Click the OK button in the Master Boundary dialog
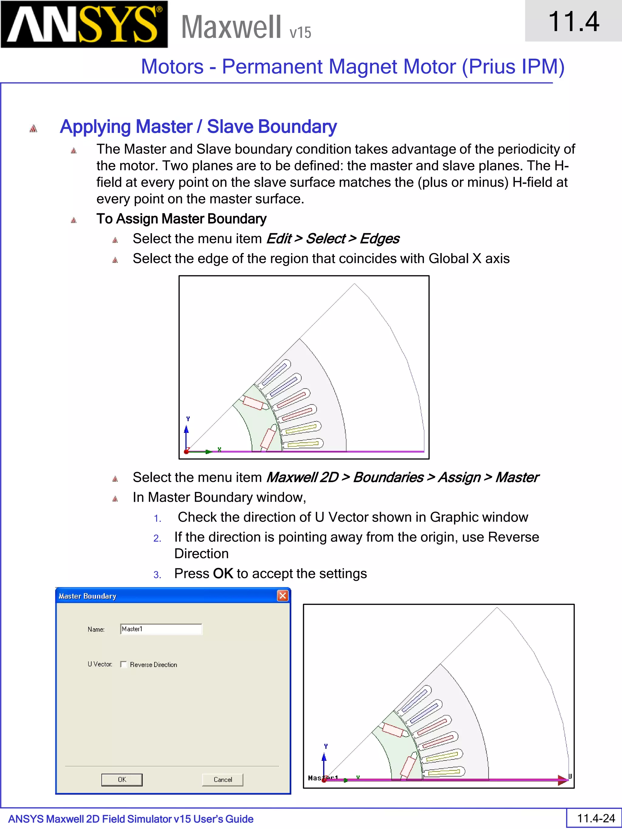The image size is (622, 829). (122, 780)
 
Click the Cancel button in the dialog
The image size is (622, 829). (222, 780)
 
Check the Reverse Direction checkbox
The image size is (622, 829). (123, 664)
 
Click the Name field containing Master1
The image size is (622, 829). (161, 629)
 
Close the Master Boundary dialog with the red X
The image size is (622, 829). (283, 596)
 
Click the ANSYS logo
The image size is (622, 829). (84, 24)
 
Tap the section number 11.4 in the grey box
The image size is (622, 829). (573, 21)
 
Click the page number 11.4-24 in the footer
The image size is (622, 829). (596, 818)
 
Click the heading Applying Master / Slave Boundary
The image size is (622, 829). (198, 127)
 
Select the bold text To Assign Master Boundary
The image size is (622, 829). (181, 219)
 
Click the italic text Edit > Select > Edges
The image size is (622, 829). (333, 239)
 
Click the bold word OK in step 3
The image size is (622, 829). (223, 574)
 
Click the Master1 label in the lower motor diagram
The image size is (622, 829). (323, 778)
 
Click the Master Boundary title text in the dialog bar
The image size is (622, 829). (87, 596)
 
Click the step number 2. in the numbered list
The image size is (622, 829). (157, 539)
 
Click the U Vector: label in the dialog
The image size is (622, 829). (100, 664)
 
